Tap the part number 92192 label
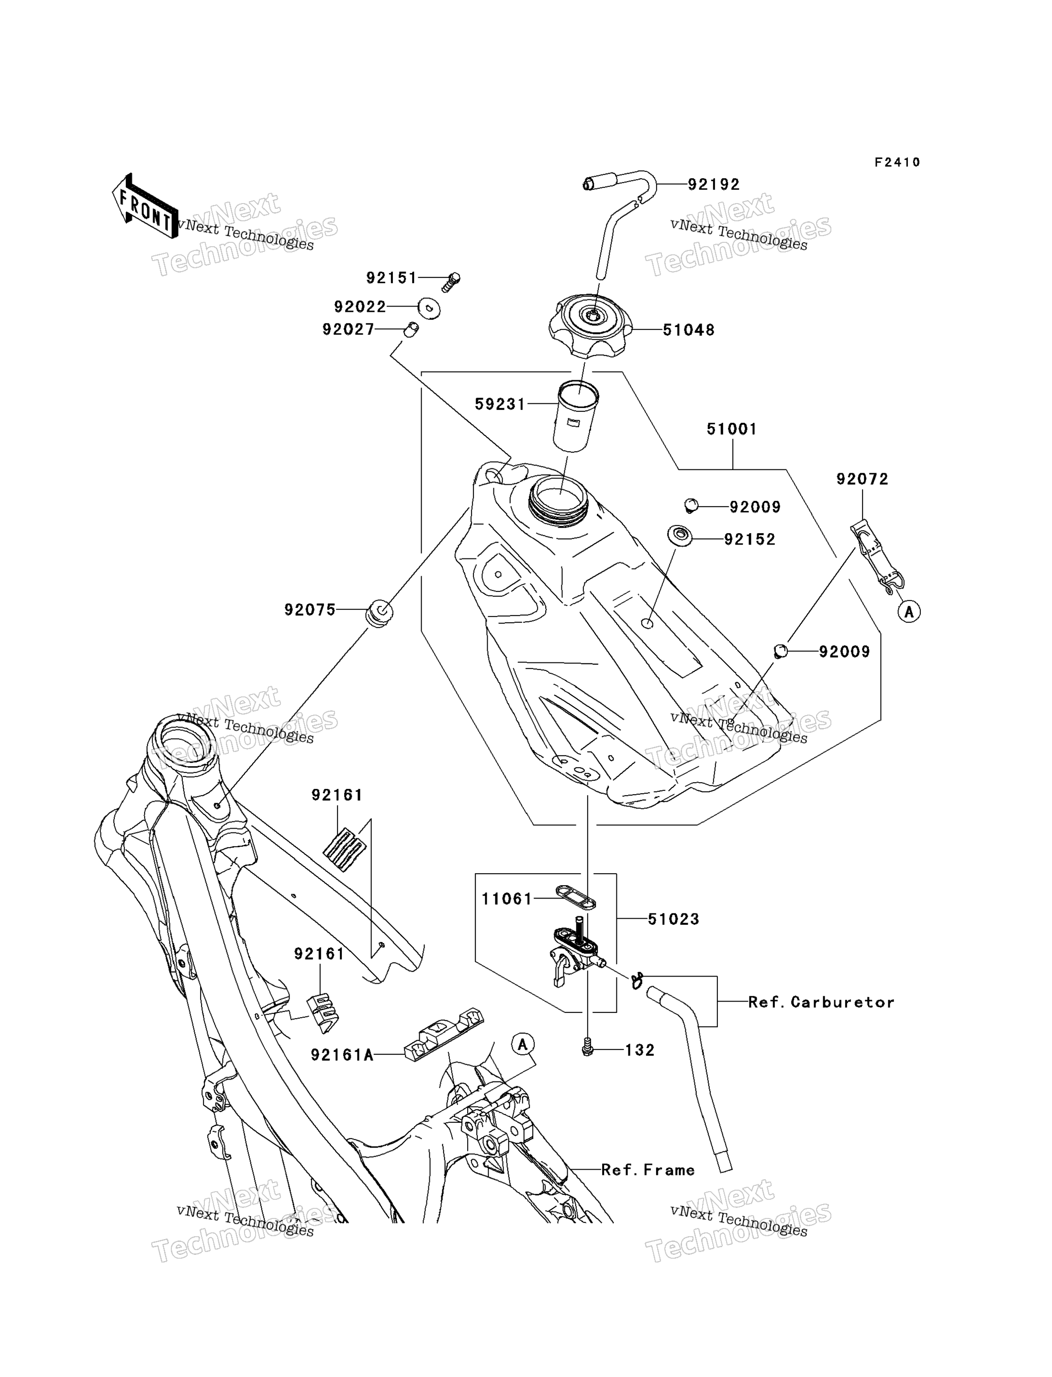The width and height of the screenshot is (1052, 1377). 714,184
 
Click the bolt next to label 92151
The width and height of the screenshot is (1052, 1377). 451,282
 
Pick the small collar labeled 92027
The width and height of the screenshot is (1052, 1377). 411,329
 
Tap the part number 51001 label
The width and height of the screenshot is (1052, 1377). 732,429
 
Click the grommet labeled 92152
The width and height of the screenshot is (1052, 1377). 680,536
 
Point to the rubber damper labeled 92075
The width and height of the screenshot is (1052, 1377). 380,614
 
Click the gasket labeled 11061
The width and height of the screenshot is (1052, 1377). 575,897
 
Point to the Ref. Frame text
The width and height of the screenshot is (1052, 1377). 648,1170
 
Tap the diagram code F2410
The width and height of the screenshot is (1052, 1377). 897,162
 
